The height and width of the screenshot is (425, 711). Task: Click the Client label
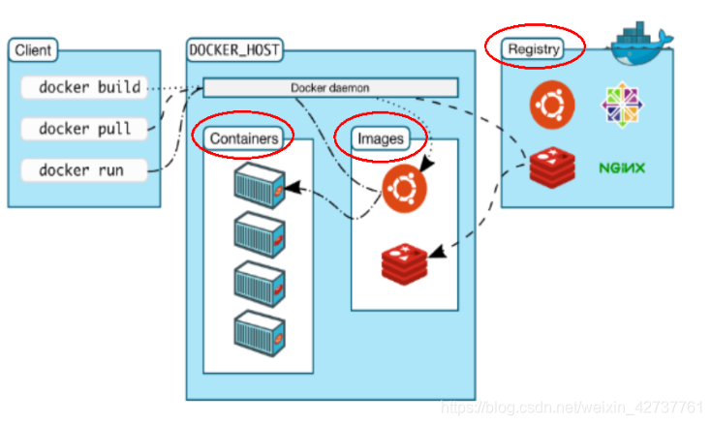click(34, 49)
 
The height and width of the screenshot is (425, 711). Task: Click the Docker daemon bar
click(329, 88)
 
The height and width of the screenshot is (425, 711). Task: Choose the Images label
click(380, 138)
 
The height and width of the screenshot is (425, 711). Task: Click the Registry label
click(533, 47)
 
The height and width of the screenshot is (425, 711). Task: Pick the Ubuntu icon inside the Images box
click(404, 189)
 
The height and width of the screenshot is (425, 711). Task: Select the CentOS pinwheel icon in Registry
click(621, 105)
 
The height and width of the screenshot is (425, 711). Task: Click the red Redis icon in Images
click(404, 262)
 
